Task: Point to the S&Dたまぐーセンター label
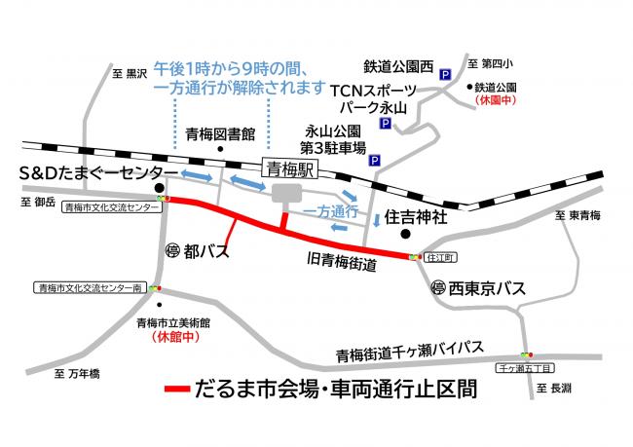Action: [91, 171]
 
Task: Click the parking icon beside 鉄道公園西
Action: [445, 73]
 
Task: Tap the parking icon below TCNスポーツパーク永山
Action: [385, 125]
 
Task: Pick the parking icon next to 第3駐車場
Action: [375, 160]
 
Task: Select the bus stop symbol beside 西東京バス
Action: [439, 289]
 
